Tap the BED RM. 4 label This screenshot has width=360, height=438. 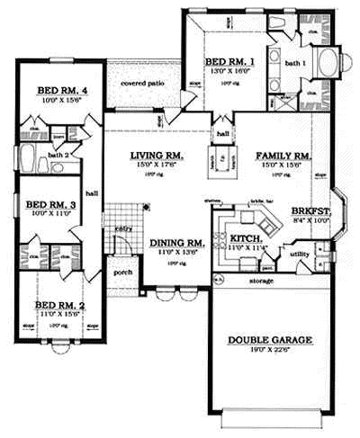coord(60,91)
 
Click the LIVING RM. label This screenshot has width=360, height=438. coord(156,155)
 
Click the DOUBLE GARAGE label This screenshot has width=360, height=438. coord(269,340)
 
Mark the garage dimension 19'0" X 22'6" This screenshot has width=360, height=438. coord(269,350)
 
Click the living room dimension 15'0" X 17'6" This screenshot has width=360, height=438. coord(156,165)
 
